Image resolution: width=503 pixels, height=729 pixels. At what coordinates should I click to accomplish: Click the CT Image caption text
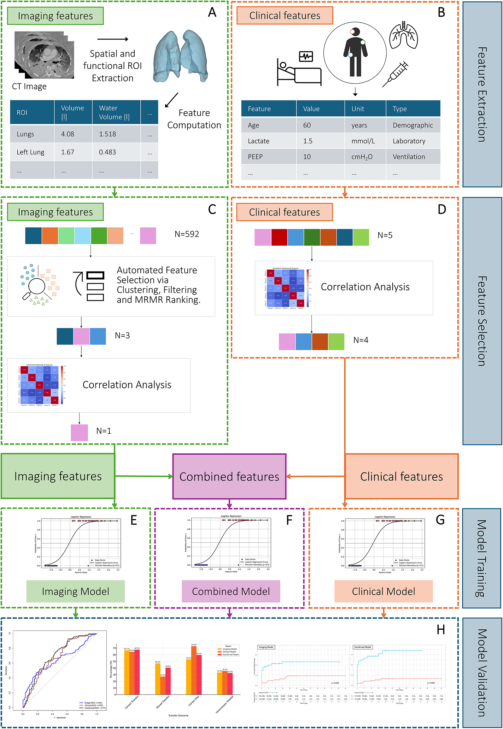[29, 86]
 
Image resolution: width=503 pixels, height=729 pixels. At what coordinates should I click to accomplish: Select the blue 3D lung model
[180, 56]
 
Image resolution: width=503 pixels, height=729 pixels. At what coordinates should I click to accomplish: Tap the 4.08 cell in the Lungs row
[67, 134]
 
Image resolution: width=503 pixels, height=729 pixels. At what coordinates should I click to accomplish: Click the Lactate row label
[259, 141]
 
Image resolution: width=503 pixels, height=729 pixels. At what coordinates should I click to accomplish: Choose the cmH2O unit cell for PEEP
[362, 157]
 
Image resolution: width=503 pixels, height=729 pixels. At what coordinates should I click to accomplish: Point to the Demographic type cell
[412, 125]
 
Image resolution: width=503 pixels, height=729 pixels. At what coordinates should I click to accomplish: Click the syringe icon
[395, 74]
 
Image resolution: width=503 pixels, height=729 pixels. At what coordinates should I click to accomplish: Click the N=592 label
[187, 234]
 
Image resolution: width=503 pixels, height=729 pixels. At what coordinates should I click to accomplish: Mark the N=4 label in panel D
[360, 340]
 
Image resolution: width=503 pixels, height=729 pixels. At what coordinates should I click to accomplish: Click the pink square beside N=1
[79, 432]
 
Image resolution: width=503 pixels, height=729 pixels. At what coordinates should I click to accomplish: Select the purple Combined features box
[229, 476]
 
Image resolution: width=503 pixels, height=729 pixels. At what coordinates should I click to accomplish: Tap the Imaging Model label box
[75, 591]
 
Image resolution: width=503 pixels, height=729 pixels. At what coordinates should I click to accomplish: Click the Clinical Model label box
[383, 591]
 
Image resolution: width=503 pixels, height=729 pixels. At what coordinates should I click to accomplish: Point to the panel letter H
[441, 629]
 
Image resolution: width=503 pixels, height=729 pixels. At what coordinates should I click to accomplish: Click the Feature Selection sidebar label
[482, 321]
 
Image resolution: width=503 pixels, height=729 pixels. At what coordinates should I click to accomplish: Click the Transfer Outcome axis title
[178, 715]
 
